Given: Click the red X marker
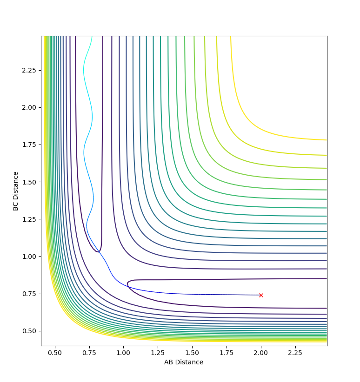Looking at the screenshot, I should point(261,295).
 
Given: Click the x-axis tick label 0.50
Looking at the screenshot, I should point(55,353).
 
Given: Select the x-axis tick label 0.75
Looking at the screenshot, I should point(89,353).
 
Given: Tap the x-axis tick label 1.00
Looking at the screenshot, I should point(124,353).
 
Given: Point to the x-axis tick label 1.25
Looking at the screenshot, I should point(158,353).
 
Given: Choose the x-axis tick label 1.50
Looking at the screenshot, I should point(192,353).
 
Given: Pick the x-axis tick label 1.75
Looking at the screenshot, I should point(227,353).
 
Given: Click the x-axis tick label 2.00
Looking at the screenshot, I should point(261,353).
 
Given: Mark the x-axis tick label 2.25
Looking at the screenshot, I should point(295,353).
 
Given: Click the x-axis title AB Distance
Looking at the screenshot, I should point(184,362).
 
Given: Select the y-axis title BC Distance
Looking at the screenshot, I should point(16,191).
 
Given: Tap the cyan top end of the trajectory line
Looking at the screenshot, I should point(92,37).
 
